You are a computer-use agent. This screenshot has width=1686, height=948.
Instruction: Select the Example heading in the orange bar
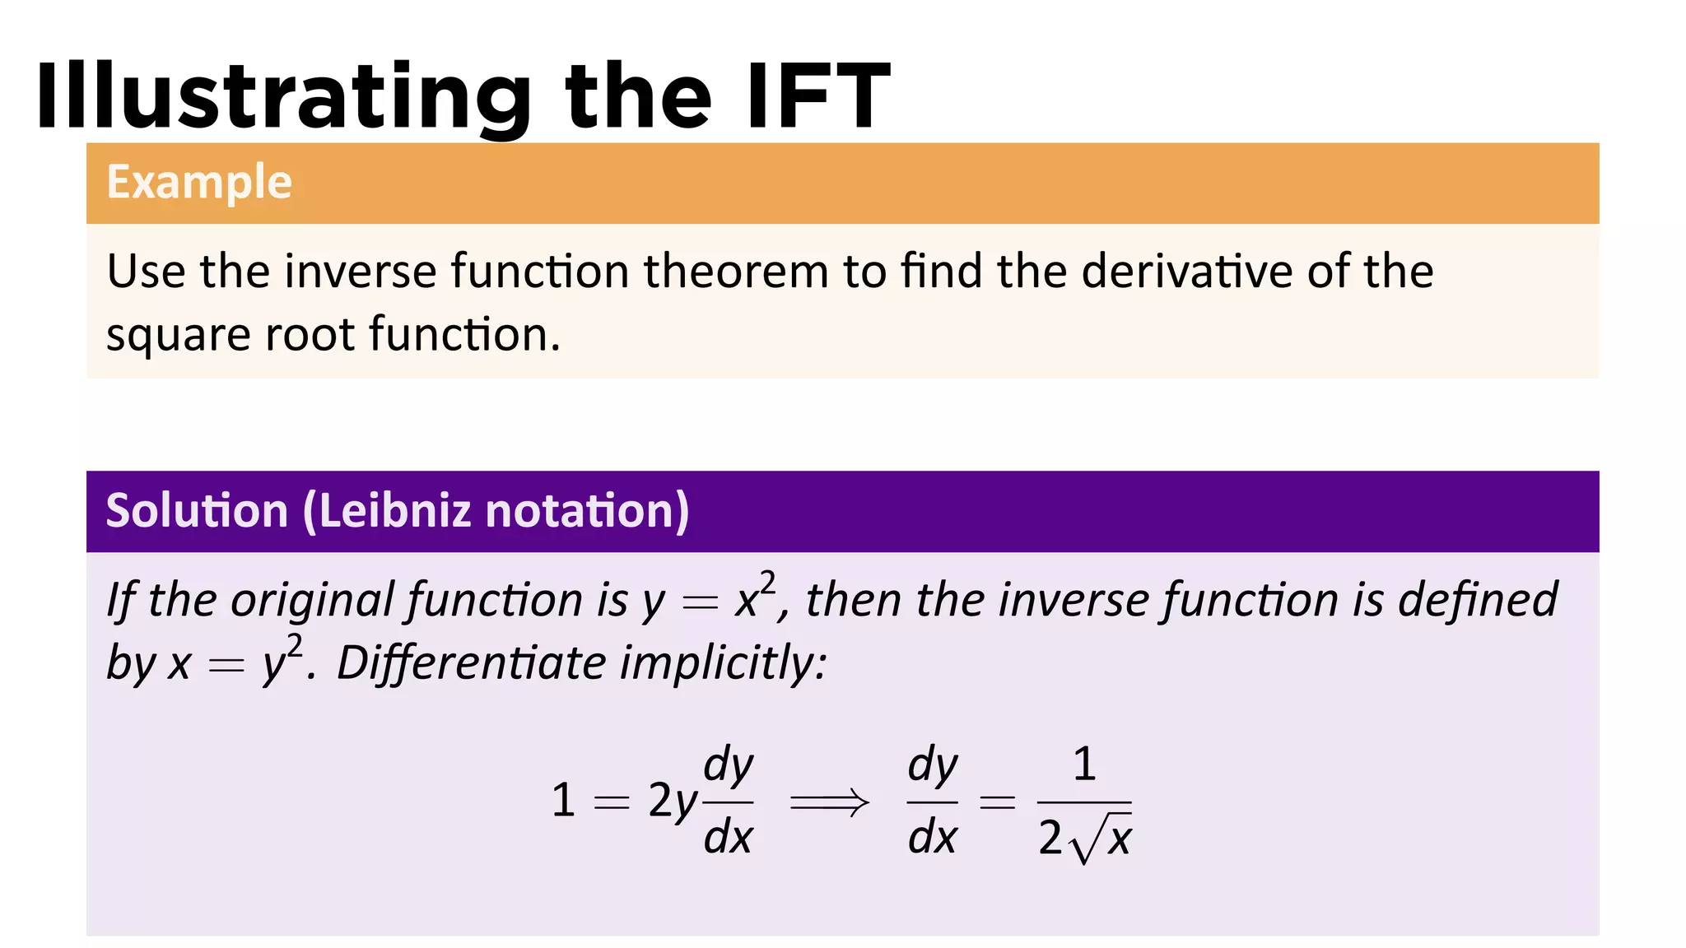[199, 182]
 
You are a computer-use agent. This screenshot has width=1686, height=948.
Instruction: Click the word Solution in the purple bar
[197, 510]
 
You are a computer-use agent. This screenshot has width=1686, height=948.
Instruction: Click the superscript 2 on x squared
[766, 583]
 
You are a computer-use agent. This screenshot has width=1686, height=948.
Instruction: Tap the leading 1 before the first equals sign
[563, 800]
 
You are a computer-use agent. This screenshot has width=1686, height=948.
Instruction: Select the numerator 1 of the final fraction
[1084, 764]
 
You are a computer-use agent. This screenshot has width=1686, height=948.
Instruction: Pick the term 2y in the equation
[672, 802]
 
